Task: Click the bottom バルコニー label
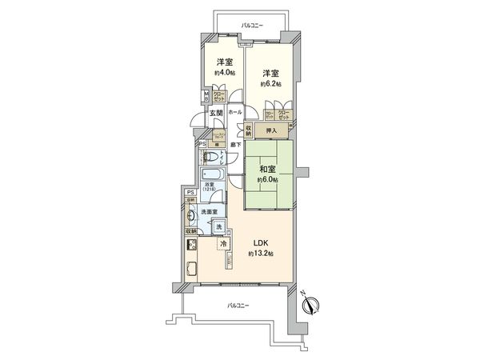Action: [238, 305]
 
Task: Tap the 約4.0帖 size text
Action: [224, 73]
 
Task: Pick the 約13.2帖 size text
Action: [261, 254]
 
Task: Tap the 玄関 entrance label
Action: [216, 113]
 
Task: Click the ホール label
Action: [235, 113]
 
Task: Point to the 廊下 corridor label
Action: [235, 144]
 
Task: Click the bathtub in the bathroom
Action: [213, 174]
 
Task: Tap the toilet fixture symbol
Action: [210, 155]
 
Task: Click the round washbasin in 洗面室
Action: [192, 215]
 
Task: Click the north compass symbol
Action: [313, 305]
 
